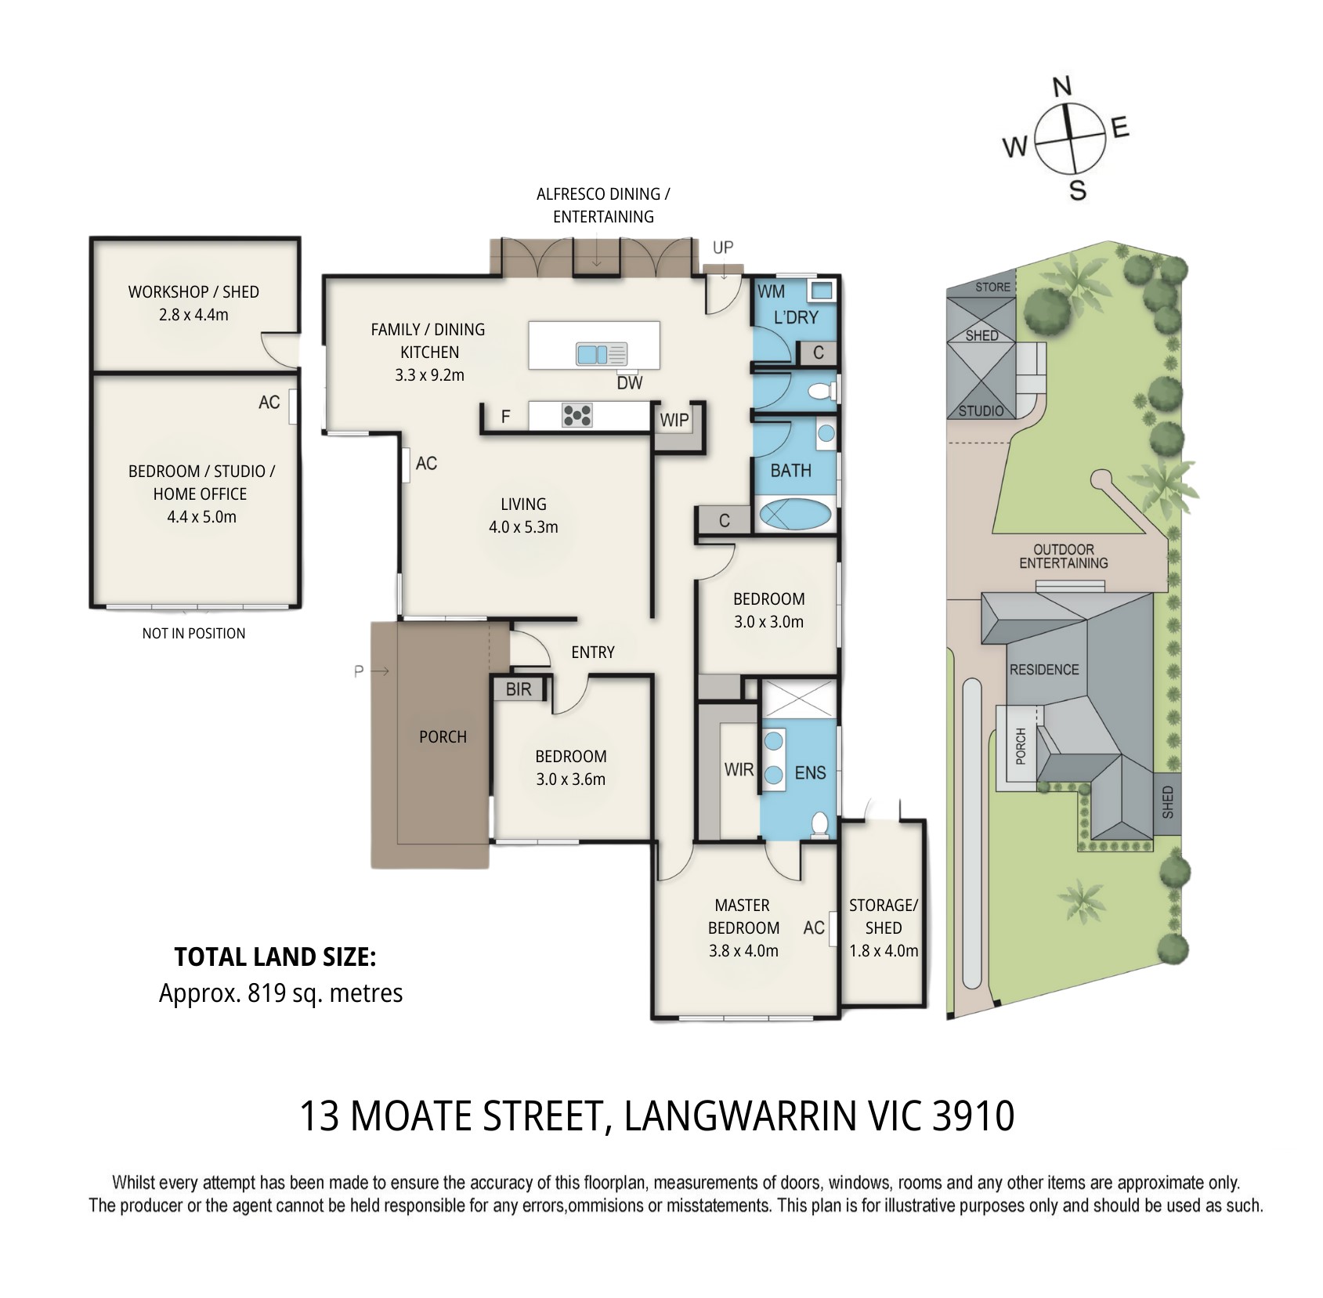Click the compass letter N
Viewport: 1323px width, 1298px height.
(1062, 86)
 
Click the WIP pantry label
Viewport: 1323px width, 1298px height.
(674, 420)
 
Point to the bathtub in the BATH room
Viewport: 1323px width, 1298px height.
(794, 516)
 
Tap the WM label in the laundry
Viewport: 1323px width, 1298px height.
(772, 291)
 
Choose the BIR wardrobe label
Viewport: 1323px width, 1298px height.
(519, 689)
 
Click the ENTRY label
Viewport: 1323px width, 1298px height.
(593, 652)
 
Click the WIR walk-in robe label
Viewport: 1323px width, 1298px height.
(739, 769)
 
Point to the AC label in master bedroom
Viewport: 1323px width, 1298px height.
(814, 927)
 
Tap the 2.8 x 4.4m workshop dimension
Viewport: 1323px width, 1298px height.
(193, 315)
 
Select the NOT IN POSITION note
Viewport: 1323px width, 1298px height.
(193, 633)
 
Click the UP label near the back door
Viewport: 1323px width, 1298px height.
(723, 248)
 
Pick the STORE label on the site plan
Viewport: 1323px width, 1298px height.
(992, 287)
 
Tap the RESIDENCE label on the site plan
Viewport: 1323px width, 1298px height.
(1044, 670)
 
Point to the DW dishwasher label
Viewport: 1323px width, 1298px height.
(630, 382)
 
